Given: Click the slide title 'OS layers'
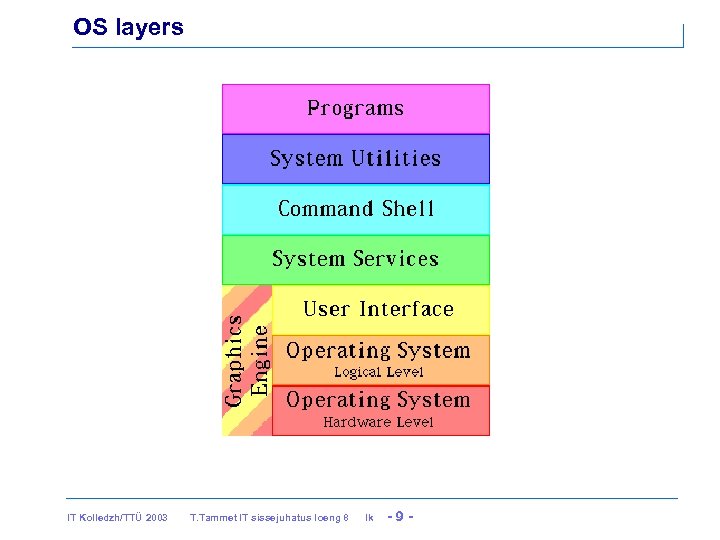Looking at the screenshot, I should click(128, 28).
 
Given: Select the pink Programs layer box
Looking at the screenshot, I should click(355, 108).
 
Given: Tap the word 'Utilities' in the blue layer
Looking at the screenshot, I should click(395, 158).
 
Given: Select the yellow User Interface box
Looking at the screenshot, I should click(380, 309).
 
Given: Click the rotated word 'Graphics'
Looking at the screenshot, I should click(233, 360).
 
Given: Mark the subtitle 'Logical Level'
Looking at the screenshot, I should click(378, 372).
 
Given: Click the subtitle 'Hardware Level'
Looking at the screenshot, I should click(378, 422).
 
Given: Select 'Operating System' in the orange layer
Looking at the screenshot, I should click(378, 351).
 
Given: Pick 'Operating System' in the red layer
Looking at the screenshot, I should click(378, 400).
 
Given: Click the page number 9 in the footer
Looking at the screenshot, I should click(399, 517).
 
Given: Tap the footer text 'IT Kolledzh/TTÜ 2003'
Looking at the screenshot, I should click(117, 518).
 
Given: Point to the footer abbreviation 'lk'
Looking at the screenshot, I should click(369, 518).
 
